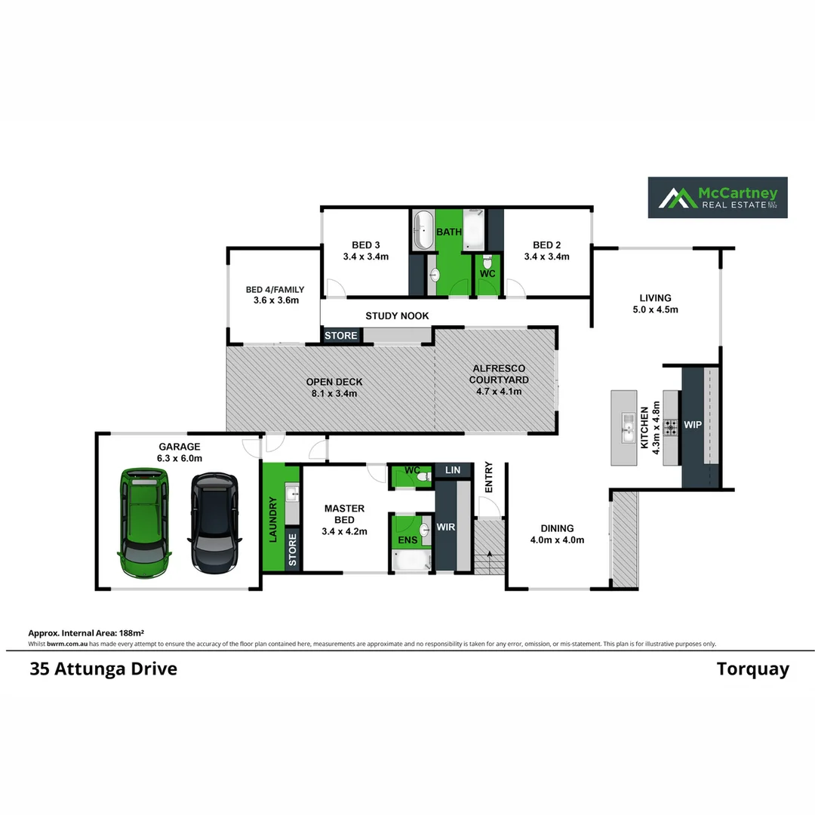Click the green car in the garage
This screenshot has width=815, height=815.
point(144,522)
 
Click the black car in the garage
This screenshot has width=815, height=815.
point(214,522)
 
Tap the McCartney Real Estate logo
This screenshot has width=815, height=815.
point(718,198)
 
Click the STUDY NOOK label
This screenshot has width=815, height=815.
point(397,316)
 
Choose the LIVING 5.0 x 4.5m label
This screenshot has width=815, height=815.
point(655,303)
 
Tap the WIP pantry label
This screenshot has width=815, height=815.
point(693,426)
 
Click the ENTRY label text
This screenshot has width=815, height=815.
point(488,477)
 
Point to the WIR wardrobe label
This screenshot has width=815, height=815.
point(446,527)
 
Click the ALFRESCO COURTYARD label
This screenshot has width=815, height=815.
point(499,380)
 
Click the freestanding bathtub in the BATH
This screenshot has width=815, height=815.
point(423,230)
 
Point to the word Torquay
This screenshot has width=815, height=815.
point(752,669)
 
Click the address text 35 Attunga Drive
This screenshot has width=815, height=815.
point(103,669)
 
